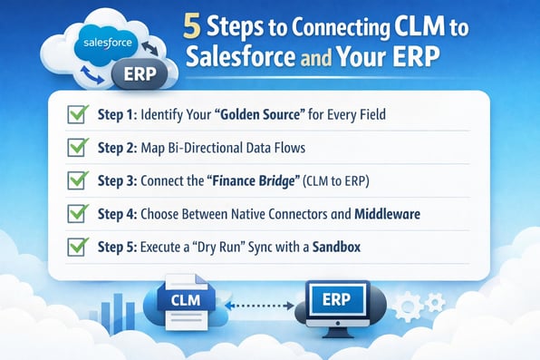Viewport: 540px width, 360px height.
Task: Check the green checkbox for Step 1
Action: pyautogui.click(x=77, y=117)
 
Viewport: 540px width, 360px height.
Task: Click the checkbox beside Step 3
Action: pyautogui.click(x=77, y=180)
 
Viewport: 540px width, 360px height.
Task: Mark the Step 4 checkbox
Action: pyautogui.click(x=77, y=213)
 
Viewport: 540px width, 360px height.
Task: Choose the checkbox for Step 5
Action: pyautogui.click(x=77, y=245)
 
